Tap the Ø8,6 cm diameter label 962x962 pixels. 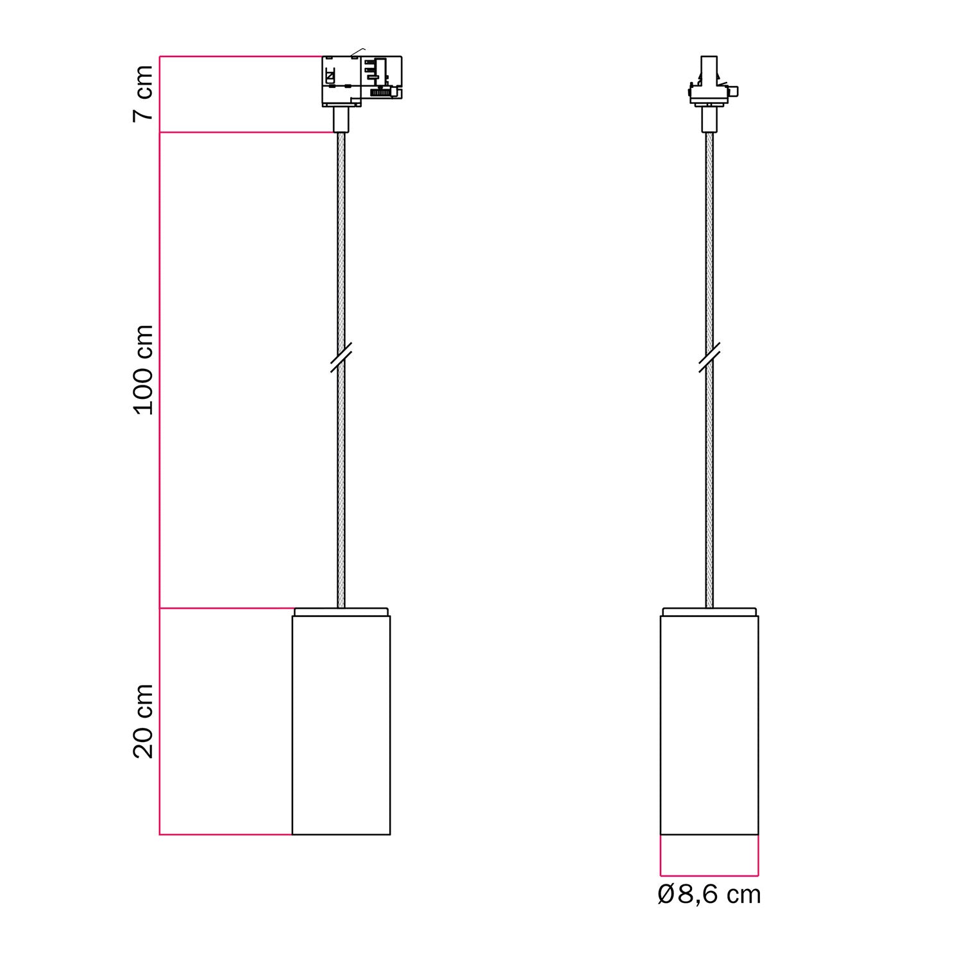pos(709,895)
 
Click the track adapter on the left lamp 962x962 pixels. pos(361,81)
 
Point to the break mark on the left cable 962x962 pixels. pos(341,358)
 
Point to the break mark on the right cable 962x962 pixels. pos(709,358)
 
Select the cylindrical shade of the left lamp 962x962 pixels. pos(341,725)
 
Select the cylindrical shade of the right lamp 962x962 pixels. pos(709,725)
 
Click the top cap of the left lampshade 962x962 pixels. pos(341,611)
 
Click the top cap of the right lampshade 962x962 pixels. pos(709,611)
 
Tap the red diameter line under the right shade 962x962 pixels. pos(709,875)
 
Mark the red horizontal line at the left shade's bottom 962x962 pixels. pos(224,834)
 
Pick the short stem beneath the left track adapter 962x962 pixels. pos(341,119)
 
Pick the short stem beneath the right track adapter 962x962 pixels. pos(709,119)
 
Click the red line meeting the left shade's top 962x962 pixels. pos(224,608)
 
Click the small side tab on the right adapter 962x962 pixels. pos(736,91)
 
